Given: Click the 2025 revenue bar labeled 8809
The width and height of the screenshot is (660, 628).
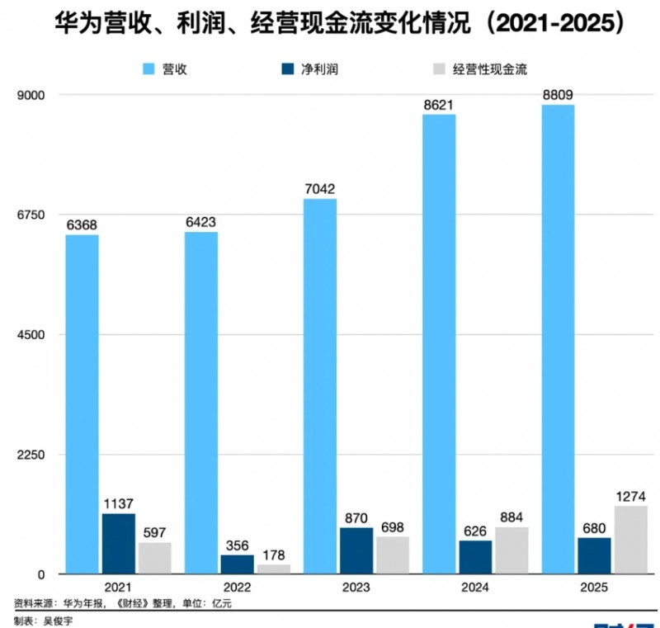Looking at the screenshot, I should (558, 339).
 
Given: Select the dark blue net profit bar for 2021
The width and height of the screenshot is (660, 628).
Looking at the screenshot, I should (118, 544).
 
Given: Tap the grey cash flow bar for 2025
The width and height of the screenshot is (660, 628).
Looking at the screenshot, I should (630, 540).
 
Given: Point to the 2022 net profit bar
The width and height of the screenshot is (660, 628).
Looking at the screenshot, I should (237, 564).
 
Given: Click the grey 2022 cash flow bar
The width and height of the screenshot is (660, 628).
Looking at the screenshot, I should (273, 569).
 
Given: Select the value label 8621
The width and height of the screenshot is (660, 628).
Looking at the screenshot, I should (439, 105).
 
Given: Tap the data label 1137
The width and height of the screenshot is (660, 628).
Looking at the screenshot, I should (118, 503).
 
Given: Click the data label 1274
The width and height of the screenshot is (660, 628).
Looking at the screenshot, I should (630, 496).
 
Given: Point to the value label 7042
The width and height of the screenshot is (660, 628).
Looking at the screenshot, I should (320, 189).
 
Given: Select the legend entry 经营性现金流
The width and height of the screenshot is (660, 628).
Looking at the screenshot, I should (479, 69).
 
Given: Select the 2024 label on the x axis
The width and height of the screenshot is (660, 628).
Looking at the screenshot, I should (475, 588).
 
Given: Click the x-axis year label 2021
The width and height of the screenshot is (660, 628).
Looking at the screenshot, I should (118, 588).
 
